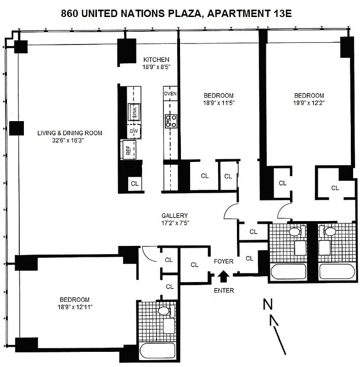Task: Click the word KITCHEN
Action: pos(156,60)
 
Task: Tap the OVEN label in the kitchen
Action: pos(170,94)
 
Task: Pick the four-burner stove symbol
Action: pos(171,120)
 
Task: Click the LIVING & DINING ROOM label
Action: pos(70,133)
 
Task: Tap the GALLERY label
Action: pos(174,216)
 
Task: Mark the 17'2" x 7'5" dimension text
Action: pos(174,223)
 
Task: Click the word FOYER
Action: pos(224,261)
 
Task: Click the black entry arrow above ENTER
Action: pos(224,276)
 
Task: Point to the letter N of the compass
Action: pos(267,304)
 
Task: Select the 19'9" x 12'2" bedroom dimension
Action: pos(309,103)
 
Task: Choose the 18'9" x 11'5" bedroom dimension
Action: pos(219,103)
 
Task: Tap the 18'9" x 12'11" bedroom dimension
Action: pos(74,307)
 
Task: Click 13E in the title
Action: pos(280,14)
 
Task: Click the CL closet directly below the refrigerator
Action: pos(135,183)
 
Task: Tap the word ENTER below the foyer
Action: pos(224,290)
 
